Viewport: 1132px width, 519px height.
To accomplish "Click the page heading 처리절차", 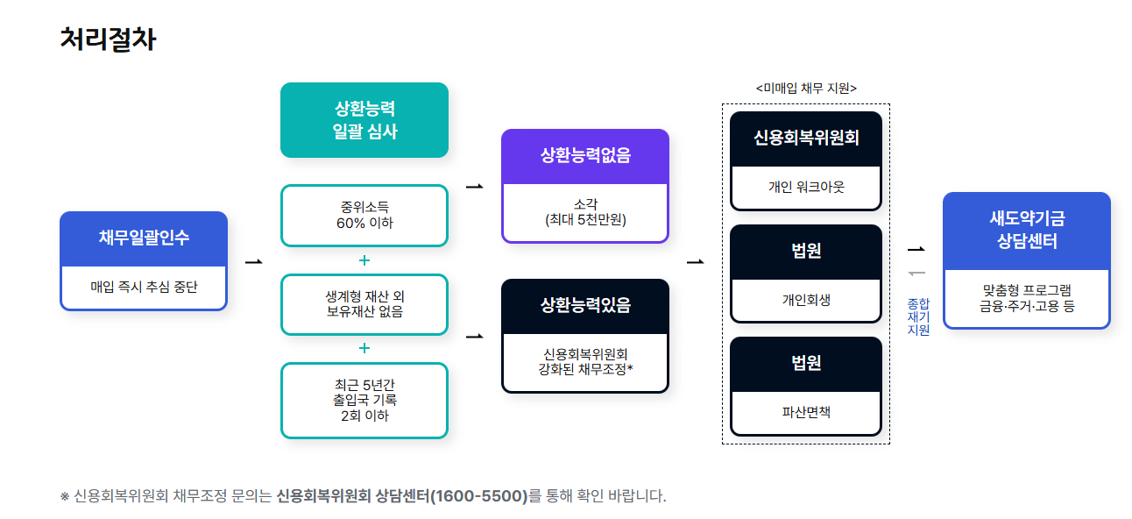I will click(x=108, y=39).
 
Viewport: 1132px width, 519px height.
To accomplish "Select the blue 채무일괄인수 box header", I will click(x=144, y=238).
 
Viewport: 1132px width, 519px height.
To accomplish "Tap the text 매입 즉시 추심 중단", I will click(x=144, y=287).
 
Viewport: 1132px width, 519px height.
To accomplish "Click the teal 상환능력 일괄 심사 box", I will click(x=364, y=120).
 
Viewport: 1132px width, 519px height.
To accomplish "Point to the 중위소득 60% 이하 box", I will click(x=364, y=215).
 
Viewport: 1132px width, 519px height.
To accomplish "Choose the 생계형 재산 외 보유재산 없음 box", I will click(x=364, y=303).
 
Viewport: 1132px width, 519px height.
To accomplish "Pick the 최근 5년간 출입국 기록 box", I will click(x=364, y=400).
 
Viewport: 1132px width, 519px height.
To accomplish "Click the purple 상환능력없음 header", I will click(x=585, y=156).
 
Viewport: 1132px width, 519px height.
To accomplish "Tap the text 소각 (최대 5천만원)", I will click(x=585, y=212).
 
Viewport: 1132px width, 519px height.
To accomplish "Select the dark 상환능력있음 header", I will click(x=585, y=305).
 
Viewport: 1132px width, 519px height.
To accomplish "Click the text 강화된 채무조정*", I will click(x=585, y=369).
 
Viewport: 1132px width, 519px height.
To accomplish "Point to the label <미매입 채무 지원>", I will click(x=806, y=88).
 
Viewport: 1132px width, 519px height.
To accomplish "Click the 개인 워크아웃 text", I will click(x=806, y=187).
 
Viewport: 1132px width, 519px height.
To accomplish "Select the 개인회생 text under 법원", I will click(x=806, y=300).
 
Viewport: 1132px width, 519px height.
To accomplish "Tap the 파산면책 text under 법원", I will click(x=806, y=411).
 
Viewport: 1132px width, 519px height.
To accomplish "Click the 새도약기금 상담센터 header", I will click(x=1027, y=231).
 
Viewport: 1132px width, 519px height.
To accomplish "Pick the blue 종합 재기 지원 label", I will click(x=919, y=316).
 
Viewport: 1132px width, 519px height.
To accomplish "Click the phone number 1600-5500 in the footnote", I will click(x=481, y=496).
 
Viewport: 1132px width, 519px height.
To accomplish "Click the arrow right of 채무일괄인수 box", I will click(x=254, y=261).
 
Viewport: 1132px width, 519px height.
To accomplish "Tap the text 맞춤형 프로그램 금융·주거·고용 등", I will click(x=1027, y=298).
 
